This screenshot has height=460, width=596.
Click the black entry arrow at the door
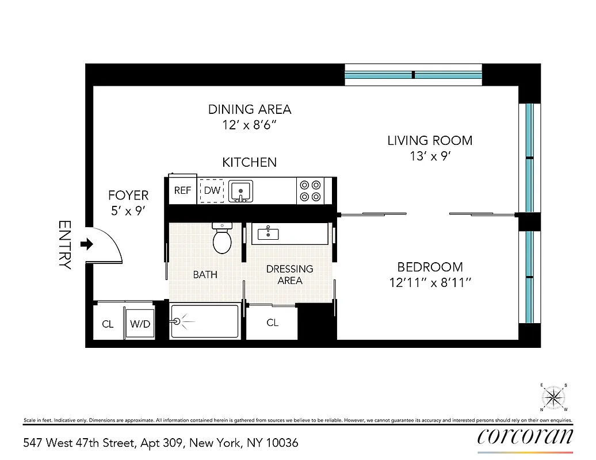(x=87, y=245)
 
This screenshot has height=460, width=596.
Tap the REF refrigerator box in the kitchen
(x=182, y=191)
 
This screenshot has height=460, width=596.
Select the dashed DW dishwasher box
(x=212, y=191)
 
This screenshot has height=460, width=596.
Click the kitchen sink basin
(x=240, y=190)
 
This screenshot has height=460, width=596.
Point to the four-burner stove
(x=310, y=191)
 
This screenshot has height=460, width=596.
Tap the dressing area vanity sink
(x=269, y=233)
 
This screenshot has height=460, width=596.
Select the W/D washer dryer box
(x=140, y=324)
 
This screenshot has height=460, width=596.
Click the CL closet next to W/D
(x=108, y=324)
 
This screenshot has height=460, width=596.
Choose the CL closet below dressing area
(x=272, y=323)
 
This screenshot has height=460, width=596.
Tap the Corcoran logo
(x=525, y=436)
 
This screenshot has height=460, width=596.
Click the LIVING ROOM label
(x=430, y=140)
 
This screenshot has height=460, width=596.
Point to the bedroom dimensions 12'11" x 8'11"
(x=430, y=283)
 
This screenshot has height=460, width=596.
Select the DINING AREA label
(x=250, y=109)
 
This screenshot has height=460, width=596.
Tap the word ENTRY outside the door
(x=65, y=245)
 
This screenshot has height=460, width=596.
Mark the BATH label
(x=205, y=275)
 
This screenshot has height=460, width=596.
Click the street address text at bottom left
(x=161, y=443)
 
